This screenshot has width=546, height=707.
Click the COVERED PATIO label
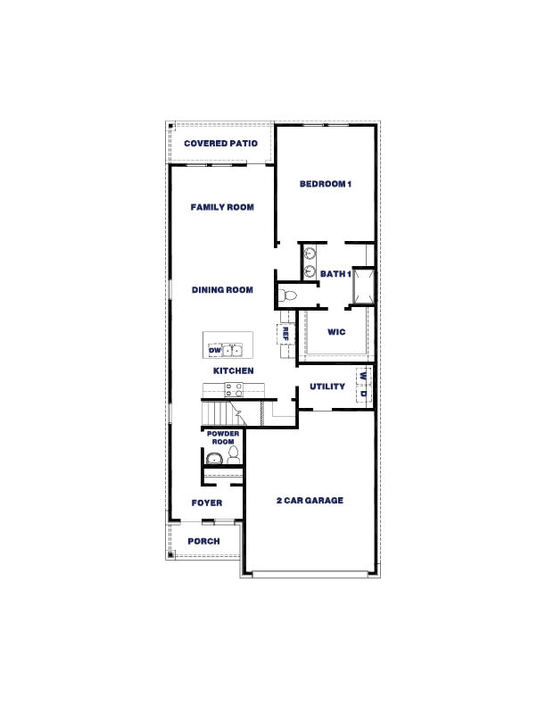[x=220, y=144]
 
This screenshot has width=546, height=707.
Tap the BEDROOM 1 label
[x=326, y=185]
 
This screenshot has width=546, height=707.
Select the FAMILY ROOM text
[x=222, y=207]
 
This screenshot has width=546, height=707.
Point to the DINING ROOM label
[x=222, y=290]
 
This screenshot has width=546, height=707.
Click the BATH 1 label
[x=334, y=274]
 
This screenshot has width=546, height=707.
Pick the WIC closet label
[x=336, y=332]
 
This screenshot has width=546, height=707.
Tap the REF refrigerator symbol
[x=285, y=334]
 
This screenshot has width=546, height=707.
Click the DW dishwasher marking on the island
[x=215, y=350]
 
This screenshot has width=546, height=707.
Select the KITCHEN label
[x=233, y=370]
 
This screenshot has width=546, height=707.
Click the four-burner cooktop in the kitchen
[x=234, y=389]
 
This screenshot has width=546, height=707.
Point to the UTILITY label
[x=327, y=387]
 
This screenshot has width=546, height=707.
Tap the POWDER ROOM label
[x=222, y=437]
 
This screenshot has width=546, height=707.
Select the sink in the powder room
[x=213, y=459]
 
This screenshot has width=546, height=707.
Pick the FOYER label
[x=207, y=503]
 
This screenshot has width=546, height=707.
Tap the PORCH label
[x=203, y=542]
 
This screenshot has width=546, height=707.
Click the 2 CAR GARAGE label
[x=309, y=501]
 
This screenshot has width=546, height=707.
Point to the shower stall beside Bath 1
[x=362, y=286]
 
